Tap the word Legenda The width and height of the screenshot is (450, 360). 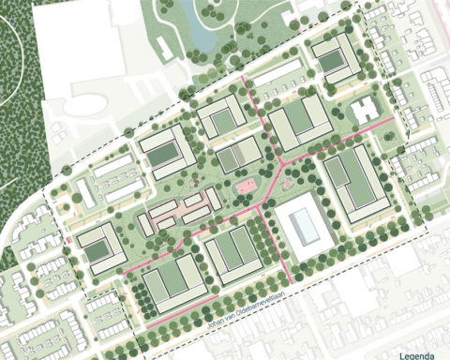[418, 355]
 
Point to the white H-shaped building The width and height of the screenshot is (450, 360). [365, 112]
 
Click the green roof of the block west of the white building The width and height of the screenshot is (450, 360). [229, 251]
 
